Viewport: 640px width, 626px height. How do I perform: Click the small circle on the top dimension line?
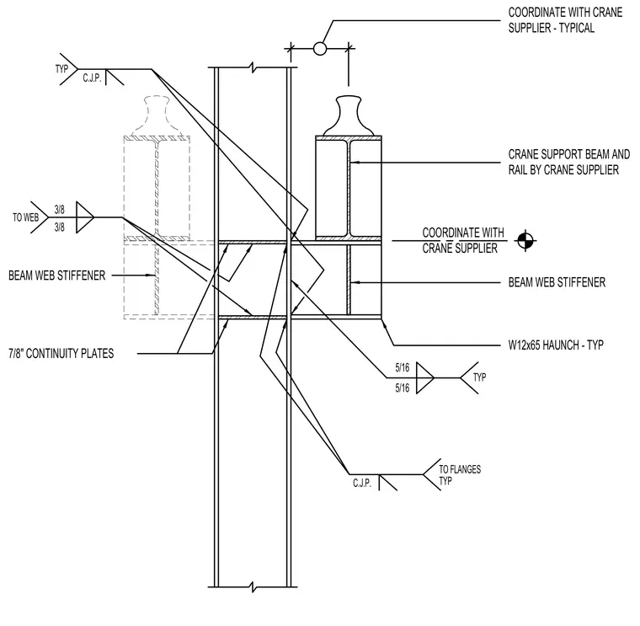click(320, 49)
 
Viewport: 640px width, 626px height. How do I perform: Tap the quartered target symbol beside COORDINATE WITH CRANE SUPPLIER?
click(525, 241)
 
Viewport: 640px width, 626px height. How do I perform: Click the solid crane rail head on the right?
click(349, 115)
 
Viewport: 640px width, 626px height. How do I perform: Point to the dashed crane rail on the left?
click(157, 115)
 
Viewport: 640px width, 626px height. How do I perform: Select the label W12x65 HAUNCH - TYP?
click(556, 345)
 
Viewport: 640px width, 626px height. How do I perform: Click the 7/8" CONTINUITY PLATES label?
click(61, 353)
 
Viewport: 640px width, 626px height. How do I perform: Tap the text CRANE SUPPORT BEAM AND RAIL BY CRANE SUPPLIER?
click(569, 162)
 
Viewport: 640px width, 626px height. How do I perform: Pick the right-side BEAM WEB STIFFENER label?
click(557, 282)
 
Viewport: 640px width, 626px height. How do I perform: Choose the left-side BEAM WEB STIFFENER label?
click(56, 276)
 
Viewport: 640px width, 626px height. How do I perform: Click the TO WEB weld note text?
click(26, 217)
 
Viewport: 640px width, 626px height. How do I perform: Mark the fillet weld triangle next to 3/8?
click(85, 217)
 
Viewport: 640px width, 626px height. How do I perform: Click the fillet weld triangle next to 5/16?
click(425, 377)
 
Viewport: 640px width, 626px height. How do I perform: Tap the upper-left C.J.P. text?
click(93, 78)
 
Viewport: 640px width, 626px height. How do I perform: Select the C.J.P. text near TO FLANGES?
click(362, 483)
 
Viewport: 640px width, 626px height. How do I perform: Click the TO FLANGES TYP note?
click(460, 475)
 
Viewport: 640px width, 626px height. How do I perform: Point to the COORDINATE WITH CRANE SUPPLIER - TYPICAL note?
click(565, 20)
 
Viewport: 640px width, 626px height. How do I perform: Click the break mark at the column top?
click(253, 67)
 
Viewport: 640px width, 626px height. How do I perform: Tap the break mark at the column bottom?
click(253, 587)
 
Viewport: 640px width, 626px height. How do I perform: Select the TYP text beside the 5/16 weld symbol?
click(480, 377)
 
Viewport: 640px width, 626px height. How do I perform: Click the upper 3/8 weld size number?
click(60, 210)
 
